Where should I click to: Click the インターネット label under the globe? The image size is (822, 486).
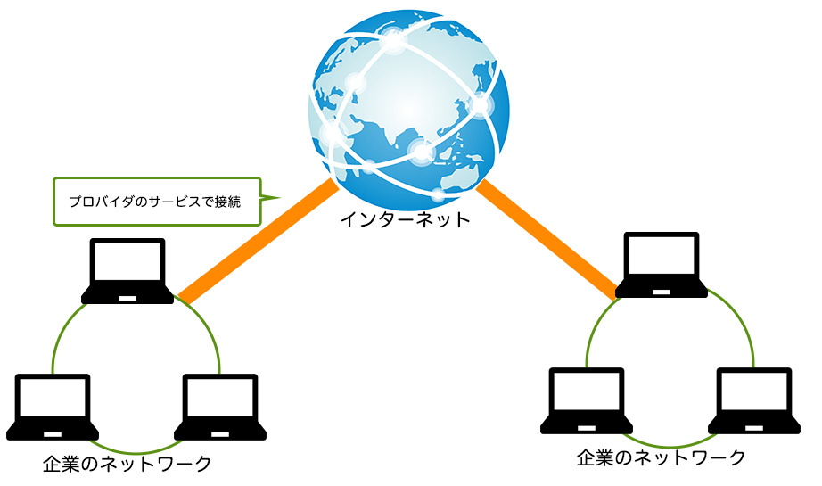[405, 219]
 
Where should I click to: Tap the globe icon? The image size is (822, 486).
[409, 107]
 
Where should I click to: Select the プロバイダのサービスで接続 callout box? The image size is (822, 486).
[156, 201]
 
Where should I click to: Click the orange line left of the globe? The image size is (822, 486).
[259, 241]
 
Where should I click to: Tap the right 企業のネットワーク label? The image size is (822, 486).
[661, 458]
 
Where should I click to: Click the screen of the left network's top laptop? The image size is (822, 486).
[128, 262]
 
